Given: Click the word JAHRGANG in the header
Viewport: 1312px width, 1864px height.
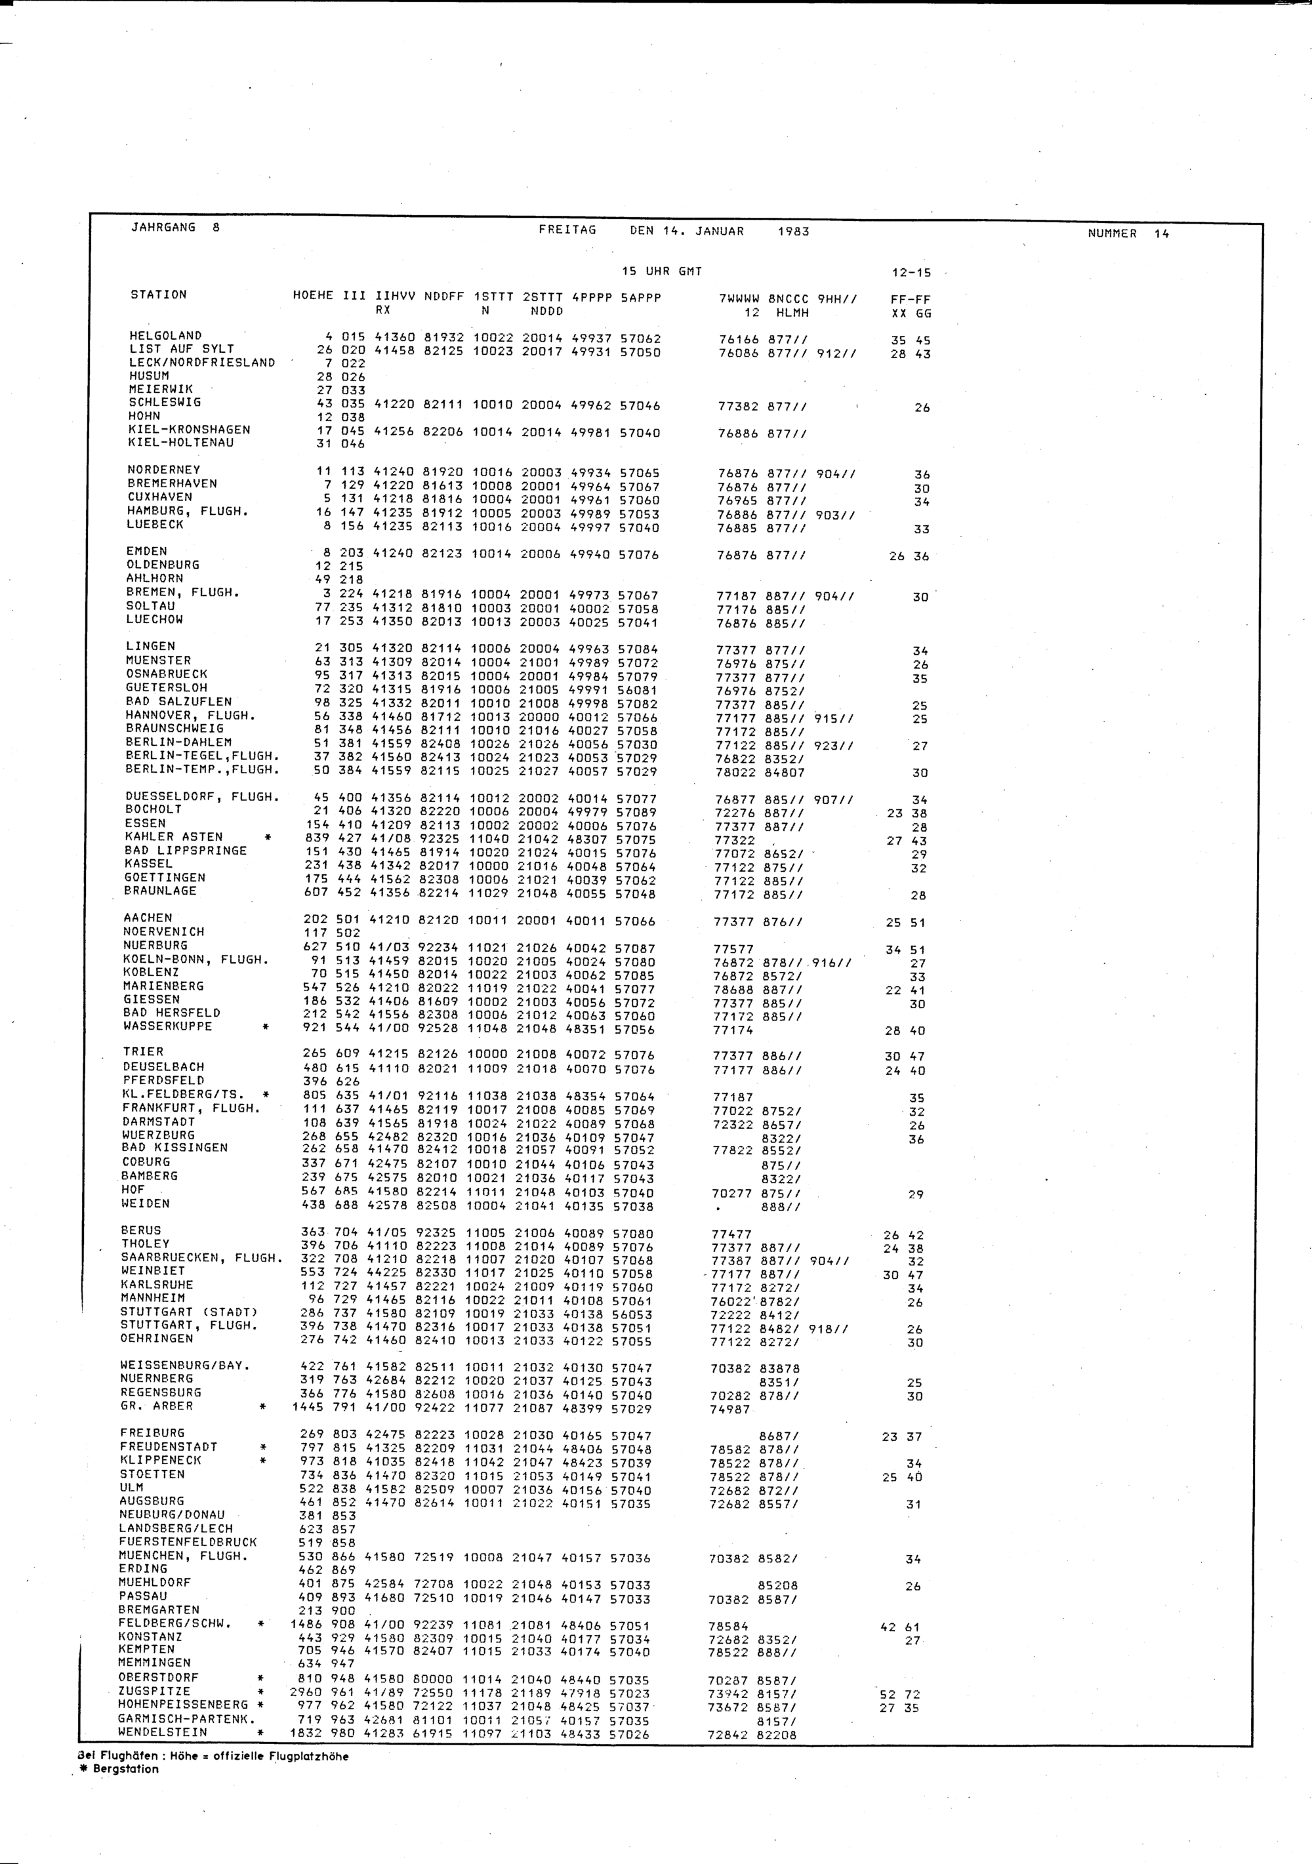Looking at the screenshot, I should point(163,228).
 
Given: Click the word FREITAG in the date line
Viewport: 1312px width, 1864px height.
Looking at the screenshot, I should point(567,230).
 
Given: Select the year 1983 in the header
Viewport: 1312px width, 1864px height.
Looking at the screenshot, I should point(792,232).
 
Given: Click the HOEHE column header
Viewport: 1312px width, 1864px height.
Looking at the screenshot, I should point(312,296).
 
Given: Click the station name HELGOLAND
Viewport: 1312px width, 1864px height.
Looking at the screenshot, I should point(165,336).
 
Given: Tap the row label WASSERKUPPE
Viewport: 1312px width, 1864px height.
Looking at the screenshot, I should point(167,1026).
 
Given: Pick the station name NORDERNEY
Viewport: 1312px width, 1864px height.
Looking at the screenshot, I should point(163,470).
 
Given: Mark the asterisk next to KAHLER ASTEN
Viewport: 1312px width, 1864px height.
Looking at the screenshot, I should point(266,837).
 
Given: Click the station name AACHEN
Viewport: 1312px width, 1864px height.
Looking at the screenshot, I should point(147,918).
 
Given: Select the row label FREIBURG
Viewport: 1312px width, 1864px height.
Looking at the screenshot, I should point(152,1433).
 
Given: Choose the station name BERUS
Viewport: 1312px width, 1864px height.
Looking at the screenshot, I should point(140,1230).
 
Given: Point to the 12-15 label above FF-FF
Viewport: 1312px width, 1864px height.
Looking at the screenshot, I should point(911,273).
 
